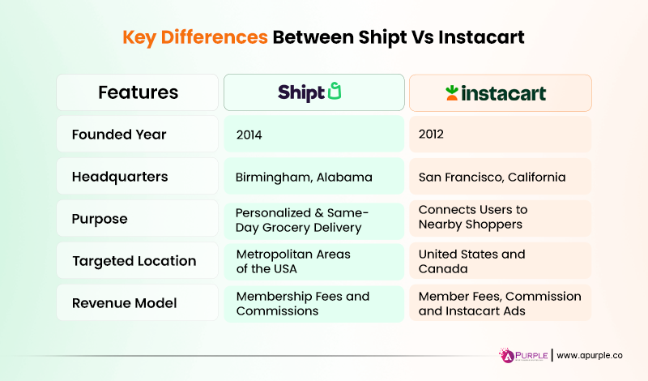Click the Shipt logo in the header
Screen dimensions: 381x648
click(310, 92)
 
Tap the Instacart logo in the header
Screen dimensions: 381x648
click(495, 93)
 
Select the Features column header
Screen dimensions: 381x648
click(138, 92)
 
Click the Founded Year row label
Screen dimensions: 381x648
click(120, 135)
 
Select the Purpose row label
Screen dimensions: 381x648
click(100, 219)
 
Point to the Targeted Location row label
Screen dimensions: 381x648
click(134, 261)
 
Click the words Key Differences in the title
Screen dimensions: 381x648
click(194, 37)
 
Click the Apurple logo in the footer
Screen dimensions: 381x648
click(522, 355)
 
